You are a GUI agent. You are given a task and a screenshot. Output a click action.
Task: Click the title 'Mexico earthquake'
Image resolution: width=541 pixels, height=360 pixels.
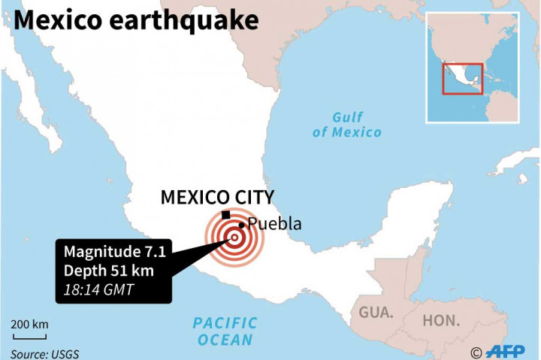pos(135,20)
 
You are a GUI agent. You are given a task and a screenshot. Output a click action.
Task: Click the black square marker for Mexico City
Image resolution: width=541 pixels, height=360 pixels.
pos(226,214)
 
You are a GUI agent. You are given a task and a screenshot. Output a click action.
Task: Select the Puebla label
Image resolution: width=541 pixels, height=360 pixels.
pos(275,224)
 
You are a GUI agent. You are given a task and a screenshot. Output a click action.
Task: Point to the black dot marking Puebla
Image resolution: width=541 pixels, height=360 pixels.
pos(241,224)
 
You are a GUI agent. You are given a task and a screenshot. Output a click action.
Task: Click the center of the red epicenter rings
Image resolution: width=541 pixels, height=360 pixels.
pos(234,239)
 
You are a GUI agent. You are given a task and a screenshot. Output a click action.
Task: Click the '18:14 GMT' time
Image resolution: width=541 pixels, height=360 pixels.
pos(95,289)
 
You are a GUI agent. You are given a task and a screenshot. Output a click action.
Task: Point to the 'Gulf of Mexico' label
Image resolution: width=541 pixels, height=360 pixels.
pos(347,125)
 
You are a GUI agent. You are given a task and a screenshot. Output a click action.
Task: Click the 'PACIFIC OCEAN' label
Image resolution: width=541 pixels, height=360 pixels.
pos(225,331)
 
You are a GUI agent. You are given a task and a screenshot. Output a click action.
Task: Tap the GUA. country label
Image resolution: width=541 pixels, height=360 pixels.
pos(376,313)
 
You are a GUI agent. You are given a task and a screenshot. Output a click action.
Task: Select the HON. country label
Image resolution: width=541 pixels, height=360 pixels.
pos(441,320)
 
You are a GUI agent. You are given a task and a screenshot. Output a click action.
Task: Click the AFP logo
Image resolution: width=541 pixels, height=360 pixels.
pos(508,351)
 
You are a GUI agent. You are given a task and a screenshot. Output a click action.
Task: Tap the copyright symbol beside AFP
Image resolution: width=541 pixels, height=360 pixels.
pos(476,352)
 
